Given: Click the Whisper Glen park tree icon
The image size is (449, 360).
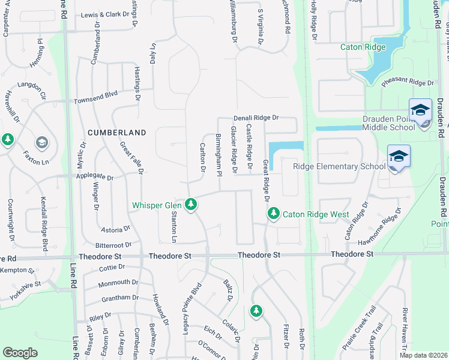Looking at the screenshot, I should click(x=191, y=205).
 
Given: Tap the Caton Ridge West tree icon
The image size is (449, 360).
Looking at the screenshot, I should click(x=274, y=214).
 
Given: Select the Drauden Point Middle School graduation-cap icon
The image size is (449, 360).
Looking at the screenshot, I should click(x=420, y=111).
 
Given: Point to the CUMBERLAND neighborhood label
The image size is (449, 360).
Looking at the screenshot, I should click(x=117, y=132).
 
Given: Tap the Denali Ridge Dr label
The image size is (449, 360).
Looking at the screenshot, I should click(x=257, y=118).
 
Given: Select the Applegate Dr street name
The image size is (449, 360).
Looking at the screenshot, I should click(x=94, y=177).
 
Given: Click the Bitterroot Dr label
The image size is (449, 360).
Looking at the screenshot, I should click(x=113, y=245).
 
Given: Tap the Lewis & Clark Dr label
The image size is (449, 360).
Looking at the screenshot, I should click(x=105, y=14).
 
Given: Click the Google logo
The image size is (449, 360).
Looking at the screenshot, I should click(x=20, y=353).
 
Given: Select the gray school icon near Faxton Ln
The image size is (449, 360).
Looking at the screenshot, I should click(x=41, y=142).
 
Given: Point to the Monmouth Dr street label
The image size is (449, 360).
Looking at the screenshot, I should click(x=118, y=282).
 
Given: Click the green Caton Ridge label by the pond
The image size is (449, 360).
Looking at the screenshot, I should click(x=363, y=47).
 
